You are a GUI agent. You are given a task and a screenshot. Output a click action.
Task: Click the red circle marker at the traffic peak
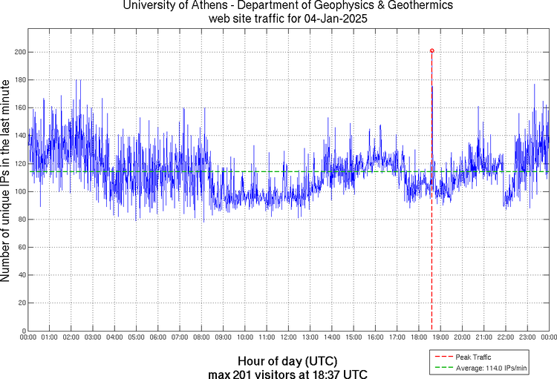click(431, 51)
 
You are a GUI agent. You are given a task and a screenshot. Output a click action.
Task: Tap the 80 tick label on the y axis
click(17, 220)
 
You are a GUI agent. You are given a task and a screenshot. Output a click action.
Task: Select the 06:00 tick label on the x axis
click(157, 337)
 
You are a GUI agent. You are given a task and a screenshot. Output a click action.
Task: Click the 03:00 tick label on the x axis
click(92, 337)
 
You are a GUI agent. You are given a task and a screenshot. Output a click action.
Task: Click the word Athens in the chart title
click(210, 6)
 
